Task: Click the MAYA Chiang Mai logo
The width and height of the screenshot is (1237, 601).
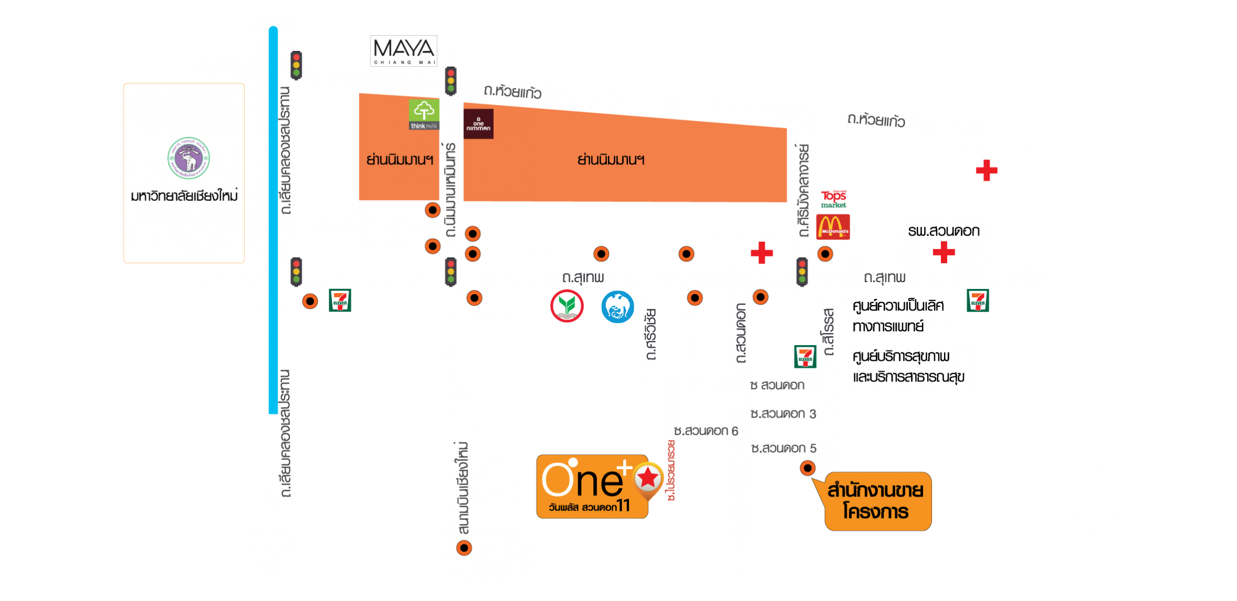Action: coord(404,51)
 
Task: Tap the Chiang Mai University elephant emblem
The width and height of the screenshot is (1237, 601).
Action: coord(189,158)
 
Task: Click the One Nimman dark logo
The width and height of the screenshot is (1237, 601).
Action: coord(478,124)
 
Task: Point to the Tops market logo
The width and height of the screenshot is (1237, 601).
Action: coord(833,199)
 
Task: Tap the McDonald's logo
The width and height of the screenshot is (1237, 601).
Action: coord(833,227)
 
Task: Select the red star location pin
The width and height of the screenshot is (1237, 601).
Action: coord(648,478)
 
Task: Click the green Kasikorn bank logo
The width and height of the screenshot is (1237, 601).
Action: coord(567,306)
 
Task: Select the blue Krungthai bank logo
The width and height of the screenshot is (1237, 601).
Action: coord(617,307)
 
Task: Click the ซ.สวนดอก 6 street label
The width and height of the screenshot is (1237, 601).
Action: coord(706,431)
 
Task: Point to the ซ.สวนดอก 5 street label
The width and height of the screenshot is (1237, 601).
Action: coord(784,448)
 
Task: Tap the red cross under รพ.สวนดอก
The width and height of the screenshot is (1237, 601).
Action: coord(943,252)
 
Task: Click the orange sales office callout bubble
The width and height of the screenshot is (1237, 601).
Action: coord(877,501)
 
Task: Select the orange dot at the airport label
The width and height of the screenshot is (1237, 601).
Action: coord(464,548)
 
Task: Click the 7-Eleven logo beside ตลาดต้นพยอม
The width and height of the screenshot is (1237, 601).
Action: coord(340,301)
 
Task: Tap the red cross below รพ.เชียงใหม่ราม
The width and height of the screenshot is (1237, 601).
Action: coord(986,170)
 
